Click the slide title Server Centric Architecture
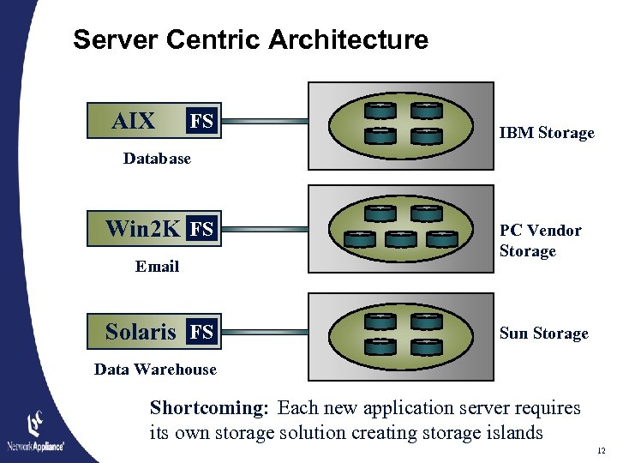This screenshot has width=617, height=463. click(x=250, y=39)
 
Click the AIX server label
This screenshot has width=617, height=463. click(x=134, y=122)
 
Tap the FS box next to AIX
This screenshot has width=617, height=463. click(x=202, y=122)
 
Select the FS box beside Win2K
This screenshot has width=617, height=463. click(x=202, y=229)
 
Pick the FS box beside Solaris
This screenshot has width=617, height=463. click(x=202, y=332)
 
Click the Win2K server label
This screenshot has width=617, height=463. click(x=142, y=229)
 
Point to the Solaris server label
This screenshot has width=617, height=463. click(x=141, y=332)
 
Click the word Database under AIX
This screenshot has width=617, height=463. click(x=157, y=159)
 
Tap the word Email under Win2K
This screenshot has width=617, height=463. click(x=157, y=267)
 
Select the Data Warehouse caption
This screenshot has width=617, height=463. click(x=155, y=370)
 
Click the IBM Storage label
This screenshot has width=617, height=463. click(x=547, y=133)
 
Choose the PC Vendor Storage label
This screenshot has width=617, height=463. click(x=540, y=241)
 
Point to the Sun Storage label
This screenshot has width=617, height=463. click(x=543, y=334)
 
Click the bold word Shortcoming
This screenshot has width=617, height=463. click(x=209, y=408)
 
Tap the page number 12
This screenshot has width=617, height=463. click(x=600, y=450)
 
